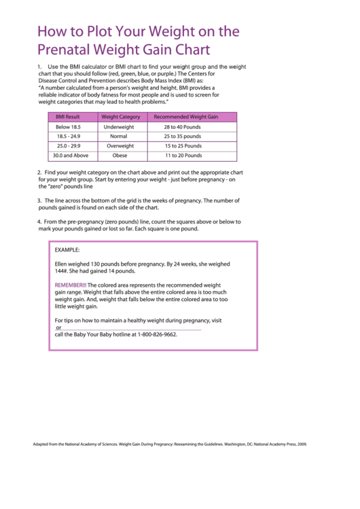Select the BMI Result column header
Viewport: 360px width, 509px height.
[68, 117]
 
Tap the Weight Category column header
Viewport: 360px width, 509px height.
[120, 117]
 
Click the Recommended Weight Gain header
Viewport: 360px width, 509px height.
[185, 117]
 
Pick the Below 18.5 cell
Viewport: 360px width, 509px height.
[68, 127]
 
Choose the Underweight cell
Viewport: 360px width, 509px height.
[119, 127]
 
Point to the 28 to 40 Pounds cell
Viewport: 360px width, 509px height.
[182, 127]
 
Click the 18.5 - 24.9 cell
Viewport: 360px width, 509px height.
[68, 137]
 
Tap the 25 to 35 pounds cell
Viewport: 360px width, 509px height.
[182, 137]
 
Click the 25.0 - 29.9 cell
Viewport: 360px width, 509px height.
[68, 146]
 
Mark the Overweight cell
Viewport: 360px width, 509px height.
[120, 146]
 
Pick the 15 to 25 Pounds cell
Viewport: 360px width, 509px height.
[183, 146]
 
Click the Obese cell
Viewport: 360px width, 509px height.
[120, 156]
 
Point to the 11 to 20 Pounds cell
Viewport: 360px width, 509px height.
[183, 156]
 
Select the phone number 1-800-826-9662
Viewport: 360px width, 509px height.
[157, 334]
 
